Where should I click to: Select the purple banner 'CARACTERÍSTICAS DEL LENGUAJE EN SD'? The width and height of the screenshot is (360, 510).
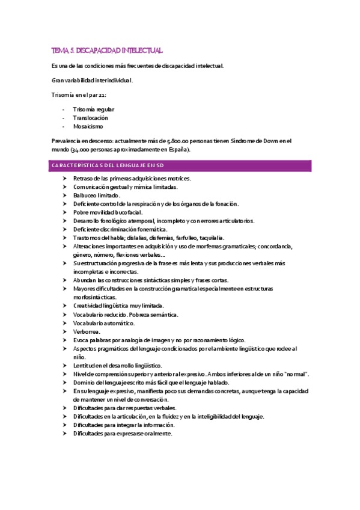pyautogui.click(x=180, y=165)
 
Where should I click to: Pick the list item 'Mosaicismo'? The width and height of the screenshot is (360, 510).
pyautogui.click(x=88, y=126)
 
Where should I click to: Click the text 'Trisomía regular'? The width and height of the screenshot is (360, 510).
pyautogui.click(x=93, y=109)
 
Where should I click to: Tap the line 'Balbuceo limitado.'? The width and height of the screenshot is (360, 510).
pyautogui.click(x=97, y=195)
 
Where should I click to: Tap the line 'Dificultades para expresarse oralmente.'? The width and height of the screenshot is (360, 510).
pyautogui.click(x=123, y=433)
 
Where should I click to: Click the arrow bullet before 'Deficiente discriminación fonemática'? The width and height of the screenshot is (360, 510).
pyautogui.click(x=65, y=229)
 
